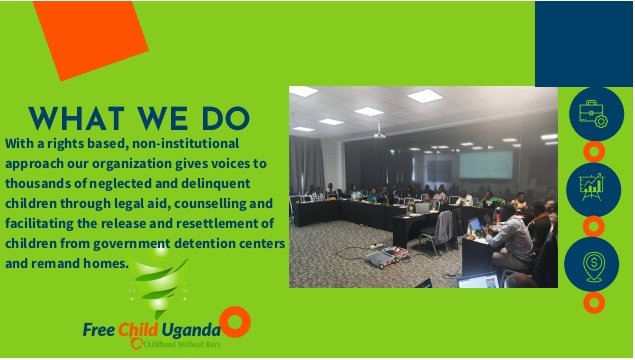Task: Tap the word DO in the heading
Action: click(222, 117)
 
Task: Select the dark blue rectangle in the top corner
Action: click(584, 43)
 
